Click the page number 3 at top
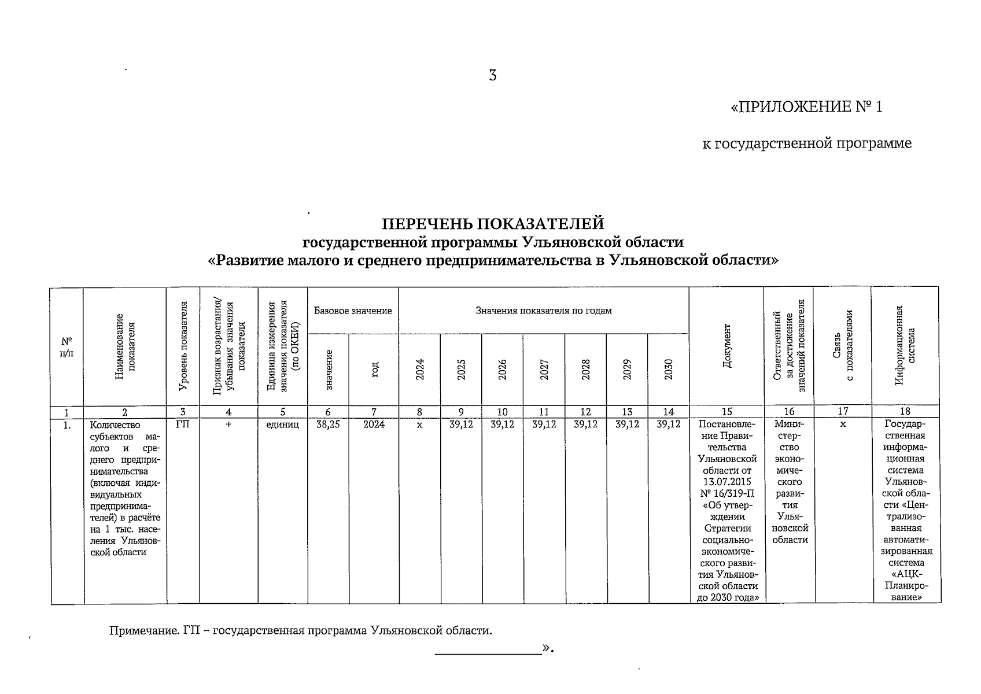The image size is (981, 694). click(492, 76)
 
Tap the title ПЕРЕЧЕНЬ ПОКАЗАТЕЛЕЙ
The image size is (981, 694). click(493, 223)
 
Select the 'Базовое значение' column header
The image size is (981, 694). click(353, 311)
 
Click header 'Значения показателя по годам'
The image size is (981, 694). click(544, 311)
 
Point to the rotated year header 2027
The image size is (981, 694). click(544, 370)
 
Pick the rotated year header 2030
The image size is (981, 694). click(668, 370)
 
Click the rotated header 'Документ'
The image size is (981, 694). click(726, 346)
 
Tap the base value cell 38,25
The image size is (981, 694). click(328, 424)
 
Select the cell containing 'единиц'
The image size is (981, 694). click(283, 424)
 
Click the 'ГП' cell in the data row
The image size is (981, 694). click(183, 424)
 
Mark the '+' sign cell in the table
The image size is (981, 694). click(228, 424)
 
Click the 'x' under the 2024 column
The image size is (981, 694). click(419, 424)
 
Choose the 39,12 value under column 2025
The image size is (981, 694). click(461, 424)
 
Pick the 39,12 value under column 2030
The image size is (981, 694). click(668, 424)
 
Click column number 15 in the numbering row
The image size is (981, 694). click(726, 412)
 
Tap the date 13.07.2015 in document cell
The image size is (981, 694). click(726, 482)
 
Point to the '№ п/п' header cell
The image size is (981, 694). click(67, 347)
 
